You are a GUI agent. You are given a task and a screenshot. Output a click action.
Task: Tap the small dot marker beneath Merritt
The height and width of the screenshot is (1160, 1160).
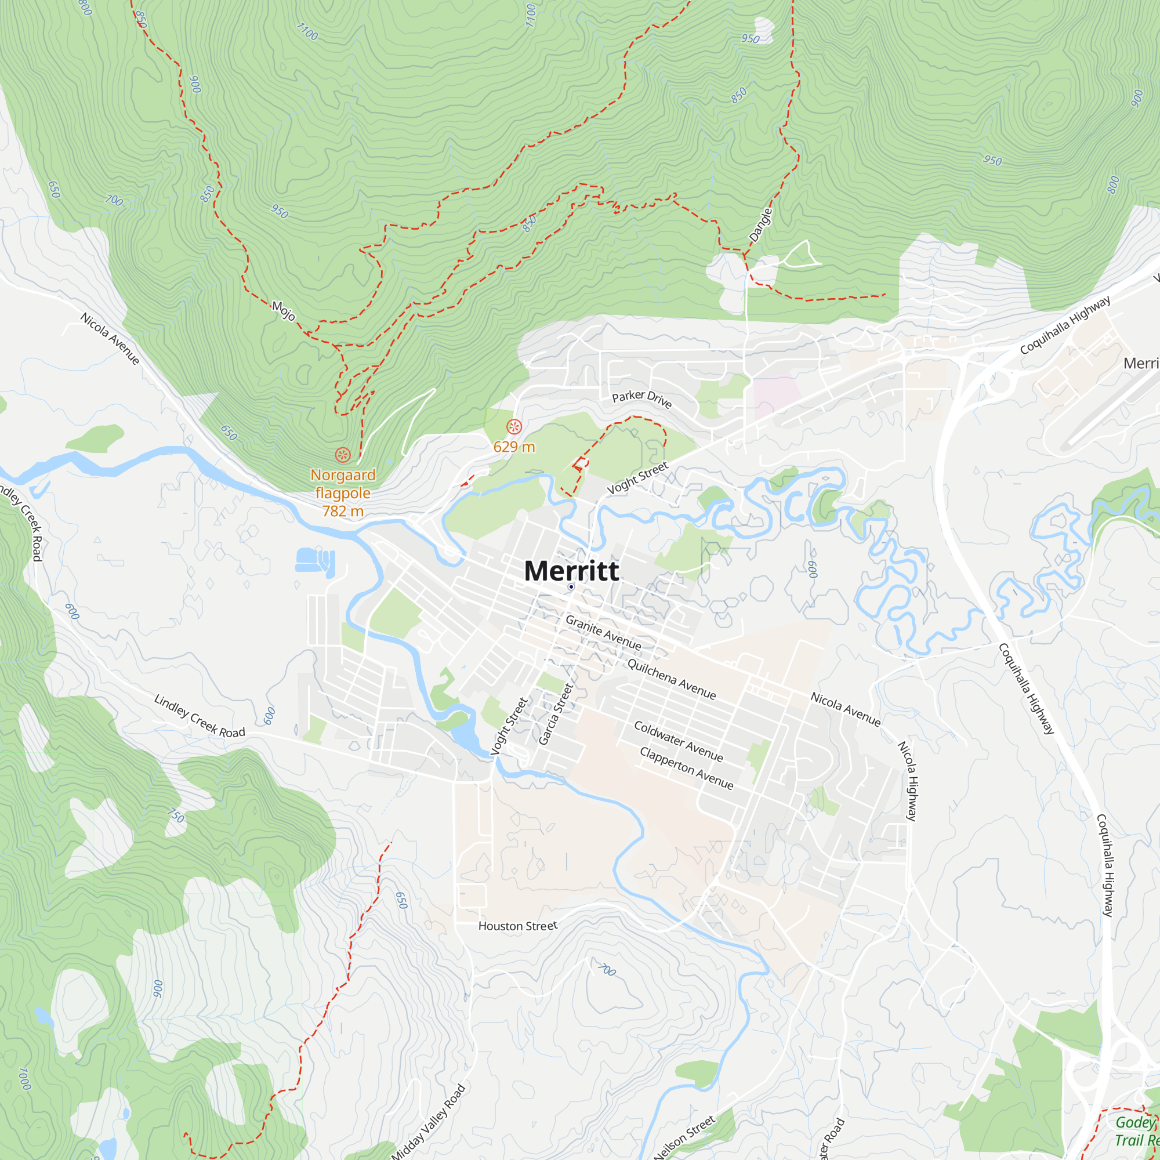[571, 587]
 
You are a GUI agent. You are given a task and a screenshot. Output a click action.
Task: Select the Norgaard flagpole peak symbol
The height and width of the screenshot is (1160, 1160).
[343, 455]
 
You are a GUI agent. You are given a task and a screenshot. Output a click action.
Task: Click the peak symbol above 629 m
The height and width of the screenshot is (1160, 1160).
[514, 427]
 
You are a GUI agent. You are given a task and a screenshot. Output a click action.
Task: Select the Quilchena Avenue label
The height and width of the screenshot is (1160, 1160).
[671, 679]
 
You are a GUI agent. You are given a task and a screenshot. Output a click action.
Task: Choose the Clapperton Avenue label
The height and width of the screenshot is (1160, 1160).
[686, 768]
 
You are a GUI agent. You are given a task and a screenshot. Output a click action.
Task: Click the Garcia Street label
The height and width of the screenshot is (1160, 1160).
[556, 715]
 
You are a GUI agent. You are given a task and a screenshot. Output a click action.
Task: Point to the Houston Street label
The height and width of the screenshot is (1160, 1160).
[517, 926]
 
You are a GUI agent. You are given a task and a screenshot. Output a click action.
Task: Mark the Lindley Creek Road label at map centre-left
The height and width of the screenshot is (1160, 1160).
[200, 716]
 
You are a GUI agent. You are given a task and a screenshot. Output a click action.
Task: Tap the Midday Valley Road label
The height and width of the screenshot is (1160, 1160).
[428, 1122]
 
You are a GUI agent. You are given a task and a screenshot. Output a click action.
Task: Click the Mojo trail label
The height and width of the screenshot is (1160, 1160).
[284, 310]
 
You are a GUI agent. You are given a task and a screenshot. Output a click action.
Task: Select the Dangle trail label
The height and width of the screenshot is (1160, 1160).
[761, 224]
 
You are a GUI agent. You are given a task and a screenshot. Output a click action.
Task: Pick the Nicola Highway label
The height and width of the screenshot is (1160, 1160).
[907, 781]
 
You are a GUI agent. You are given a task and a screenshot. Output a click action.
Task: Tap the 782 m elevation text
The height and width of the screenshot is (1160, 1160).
[343, 511]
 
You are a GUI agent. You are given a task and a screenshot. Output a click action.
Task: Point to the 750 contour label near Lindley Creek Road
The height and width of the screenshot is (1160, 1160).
[176, 815]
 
